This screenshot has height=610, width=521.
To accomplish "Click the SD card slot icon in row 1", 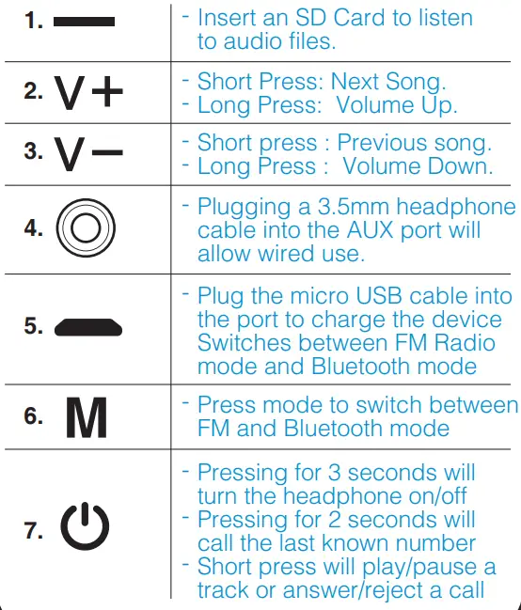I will pyautogui.click(x=85, y=21).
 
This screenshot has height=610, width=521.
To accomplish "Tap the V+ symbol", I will pyautogui.click(x=88, y=92).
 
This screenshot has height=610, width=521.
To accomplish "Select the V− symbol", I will pyautogui.click(x=88, y=154).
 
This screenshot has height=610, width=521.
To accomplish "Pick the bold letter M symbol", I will pyautogui.click(x=87, y=418).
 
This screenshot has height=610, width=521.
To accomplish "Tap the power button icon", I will pyautogui.click(x=86, y=529).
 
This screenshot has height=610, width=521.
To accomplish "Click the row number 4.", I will pyautogui.click(x=33, y=228).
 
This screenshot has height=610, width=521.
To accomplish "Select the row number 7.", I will pyautogui.click(x=34, y=530).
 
